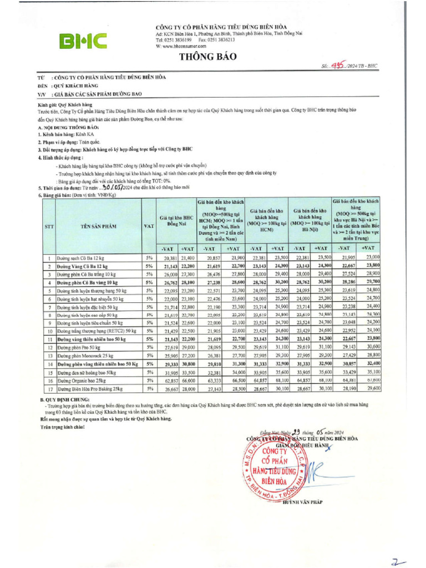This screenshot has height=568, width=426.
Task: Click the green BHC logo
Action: tap(84, 40)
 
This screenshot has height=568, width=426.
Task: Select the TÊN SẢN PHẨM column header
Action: tap(98, 226)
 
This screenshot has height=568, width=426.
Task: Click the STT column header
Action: tap(48, 226)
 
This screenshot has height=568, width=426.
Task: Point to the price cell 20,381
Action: tap(170, 258)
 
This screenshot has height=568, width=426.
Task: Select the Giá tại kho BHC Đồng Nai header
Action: tap(178, 222)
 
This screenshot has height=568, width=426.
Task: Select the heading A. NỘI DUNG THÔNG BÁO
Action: tap(67, 128)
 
